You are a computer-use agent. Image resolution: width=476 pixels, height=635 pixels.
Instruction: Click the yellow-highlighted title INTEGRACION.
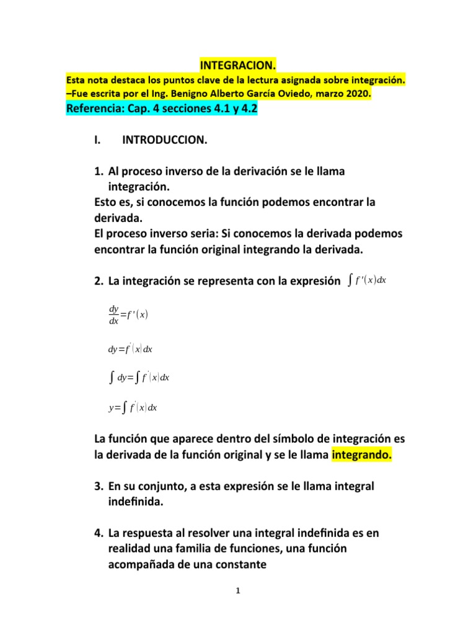[238, 65]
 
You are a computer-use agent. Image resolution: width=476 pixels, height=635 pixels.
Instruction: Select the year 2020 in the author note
[357, 94]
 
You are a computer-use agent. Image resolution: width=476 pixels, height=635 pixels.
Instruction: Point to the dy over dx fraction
[113, 314]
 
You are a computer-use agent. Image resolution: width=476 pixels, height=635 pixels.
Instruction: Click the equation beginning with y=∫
[133, 407]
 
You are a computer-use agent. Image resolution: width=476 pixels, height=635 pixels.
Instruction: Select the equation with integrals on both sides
[139, 378]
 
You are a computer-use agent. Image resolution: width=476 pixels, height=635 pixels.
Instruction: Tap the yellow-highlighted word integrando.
[362, 455]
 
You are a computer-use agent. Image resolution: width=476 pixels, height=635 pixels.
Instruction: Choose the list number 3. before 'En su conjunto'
[99, 487]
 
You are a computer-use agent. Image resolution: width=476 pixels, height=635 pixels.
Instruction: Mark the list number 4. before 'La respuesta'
[99, 533]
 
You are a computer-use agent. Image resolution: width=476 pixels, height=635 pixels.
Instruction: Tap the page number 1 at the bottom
[237, 591]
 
